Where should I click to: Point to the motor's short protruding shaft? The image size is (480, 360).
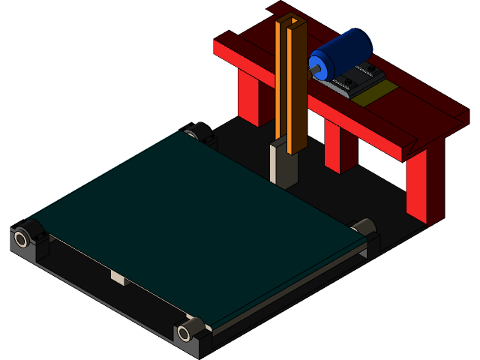314,70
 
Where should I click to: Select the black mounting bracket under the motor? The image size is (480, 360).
357,79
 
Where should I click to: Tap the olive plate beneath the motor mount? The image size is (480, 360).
375,94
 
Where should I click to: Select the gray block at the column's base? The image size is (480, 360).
283,165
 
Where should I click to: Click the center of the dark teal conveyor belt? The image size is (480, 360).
195,217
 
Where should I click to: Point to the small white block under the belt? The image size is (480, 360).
118,278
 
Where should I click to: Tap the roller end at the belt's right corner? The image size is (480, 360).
364,226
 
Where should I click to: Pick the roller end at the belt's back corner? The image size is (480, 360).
196,131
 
